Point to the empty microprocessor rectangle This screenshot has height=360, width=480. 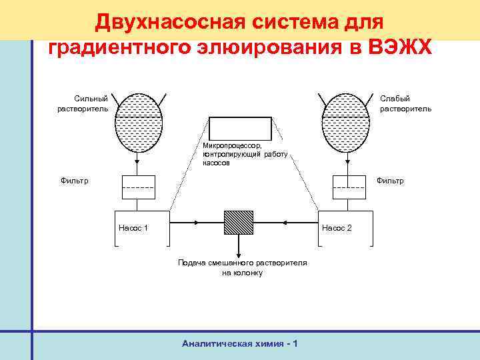pyautogui.click(x=241, y=128)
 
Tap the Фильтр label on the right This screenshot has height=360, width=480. pyautogui.click(x=390, y=181)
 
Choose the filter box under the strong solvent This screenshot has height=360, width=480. pyautogui.click(x=139, y=186)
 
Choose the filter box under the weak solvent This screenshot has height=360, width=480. pyautogui.click(x=347, y=186)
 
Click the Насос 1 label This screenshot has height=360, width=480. pyautogui.click(x=133, y=228)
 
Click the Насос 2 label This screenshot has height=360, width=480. pyautogui.click(x=337, y=228)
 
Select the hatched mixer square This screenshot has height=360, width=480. pyautogui.click(x=239, y=223)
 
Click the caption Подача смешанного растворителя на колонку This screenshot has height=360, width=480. pyautogui.click(x=242, y=268)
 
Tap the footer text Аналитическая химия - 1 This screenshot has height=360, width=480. pyautogui.click(x=239, y=343)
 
